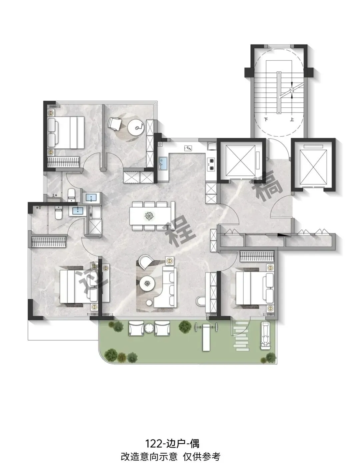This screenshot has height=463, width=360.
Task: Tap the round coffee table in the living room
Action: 147,284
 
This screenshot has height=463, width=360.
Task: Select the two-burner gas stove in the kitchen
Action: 212,164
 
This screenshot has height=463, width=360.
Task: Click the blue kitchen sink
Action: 163,163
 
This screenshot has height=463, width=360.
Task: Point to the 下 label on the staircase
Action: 266,119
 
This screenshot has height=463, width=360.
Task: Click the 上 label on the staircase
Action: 292,119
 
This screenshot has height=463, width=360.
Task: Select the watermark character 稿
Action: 268,186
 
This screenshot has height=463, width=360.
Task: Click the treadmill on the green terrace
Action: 265,336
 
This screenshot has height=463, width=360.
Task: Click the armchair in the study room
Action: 115,123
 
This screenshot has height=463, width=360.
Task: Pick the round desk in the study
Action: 136,127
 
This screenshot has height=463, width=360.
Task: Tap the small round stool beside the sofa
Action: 149,303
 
